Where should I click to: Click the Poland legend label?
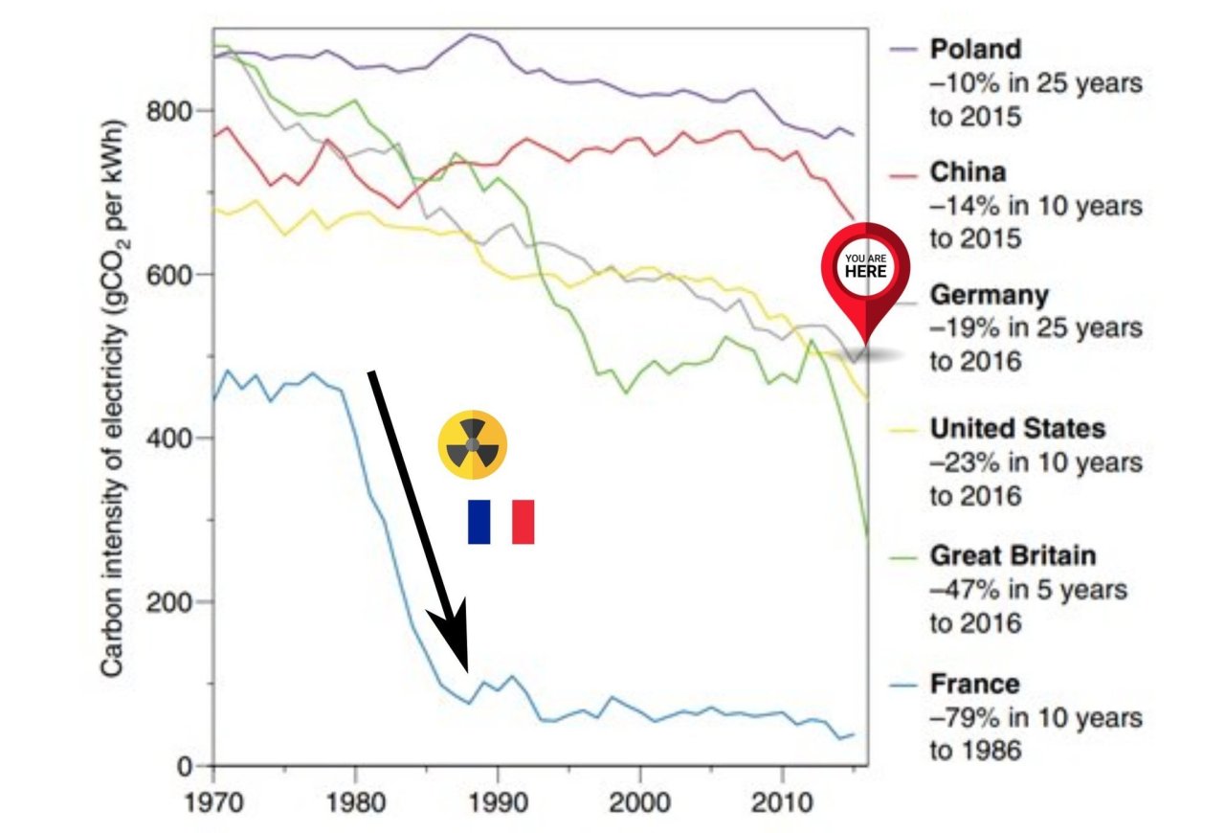(x=975, y=49)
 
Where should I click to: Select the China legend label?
(x=968, y=172)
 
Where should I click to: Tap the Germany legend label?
(x=990, y=295)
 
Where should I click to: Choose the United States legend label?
(x=1017, y=428)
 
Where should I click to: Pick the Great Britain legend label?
(x=1013, y=555)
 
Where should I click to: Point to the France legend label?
(x=974, y=684)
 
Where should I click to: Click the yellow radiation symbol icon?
(x=472, y=446)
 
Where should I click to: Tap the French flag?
(x=501, y=522)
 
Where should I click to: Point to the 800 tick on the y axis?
(x=172, y=111)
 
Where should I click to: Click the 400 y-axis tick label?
(x=172, y=439)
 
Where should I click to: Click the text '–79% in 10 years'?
(x=1036, y=716)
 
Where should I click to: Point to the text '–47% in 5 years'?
(x=1030, y=589)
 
